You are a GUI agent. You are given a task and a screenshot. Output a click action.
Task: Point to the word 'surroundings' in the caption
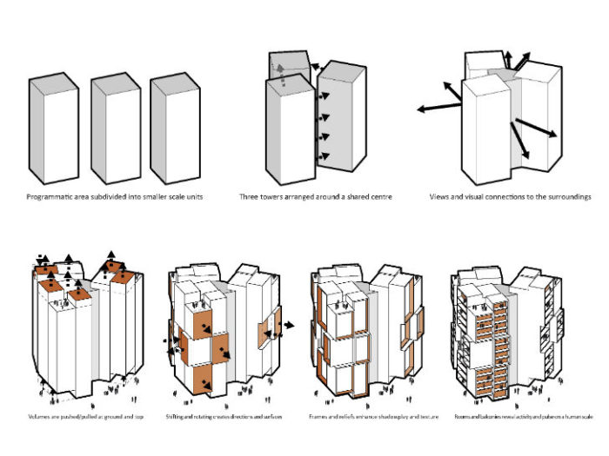tap(567, 197)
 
